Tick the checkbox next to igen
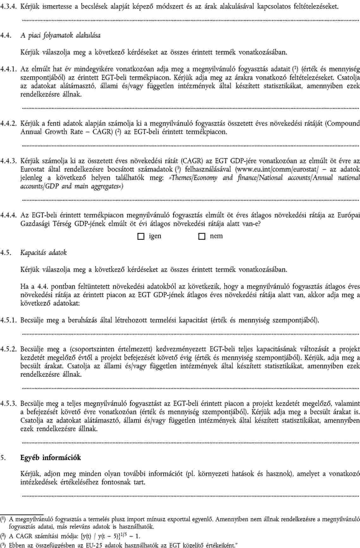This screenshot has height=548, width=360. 141,237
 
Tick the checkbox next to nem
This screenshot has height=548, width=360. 201,237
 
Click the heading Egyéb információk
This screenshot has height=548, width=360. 51,458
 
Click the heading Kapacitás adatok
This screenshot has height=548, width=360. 44,253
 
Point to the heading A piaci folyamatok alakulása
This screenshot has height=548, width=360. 60,35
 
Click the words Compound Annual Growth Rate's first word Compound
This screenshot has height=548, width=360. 343,123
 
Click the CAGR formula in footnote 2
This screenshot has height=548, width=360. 109,536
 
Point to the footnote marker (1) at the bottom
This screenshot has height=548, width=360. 3,519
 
